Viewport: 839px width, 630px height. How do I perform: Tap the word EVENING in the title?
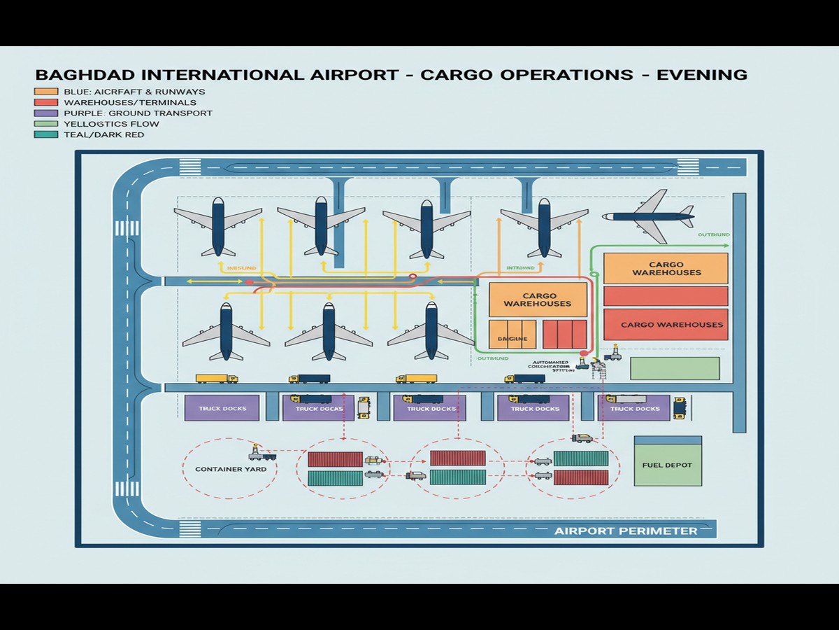click(701, 74)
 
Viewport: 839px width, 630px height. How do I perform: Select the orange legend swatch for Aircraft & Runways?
click(45, 92)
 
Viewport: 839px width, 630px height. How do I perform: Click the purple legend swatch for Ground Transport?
click(45, 113)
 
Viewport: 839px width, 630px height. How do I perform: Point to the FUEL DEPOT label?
click(667, 465)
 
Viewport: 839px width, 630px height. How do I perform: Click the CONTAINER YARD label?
click(231, 469)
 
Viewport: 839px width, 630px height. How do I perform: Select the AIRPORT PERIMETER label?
click(626, 531)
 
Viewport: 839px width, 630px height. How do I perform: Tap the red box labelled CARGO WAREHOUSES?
click(665, 325)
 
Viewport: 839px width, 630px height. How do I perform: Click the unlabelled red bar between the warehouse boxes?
click(665, 296)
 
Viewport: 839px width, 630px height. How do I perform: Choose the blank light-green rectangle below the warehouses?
click(675, 368)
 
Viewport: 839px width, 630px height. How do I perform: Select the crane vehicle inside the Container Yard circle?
click(261, 451)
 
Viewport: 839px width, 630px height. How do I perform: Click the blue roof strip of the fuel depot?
click(667, 440)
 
